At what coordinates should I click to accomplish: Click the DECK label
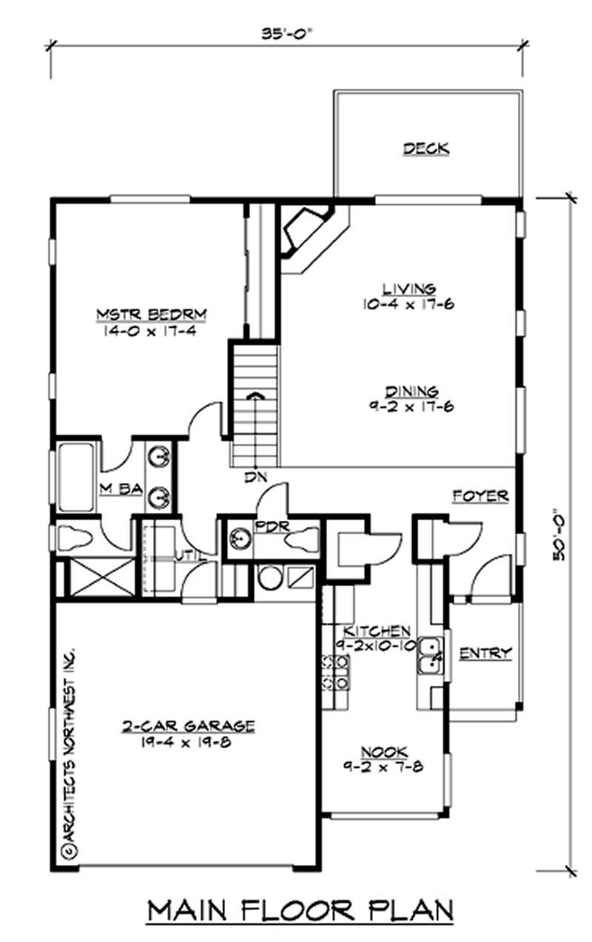pos(425,149)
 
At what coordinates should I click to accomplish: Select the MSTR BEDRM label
pos(151,316)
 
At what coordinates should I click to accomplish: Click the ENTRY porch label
pos(485,653)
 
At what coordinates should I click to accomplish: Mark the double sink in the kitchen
pos(430,656)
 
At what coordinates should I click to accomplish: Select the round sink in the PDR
pos(238,536)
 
